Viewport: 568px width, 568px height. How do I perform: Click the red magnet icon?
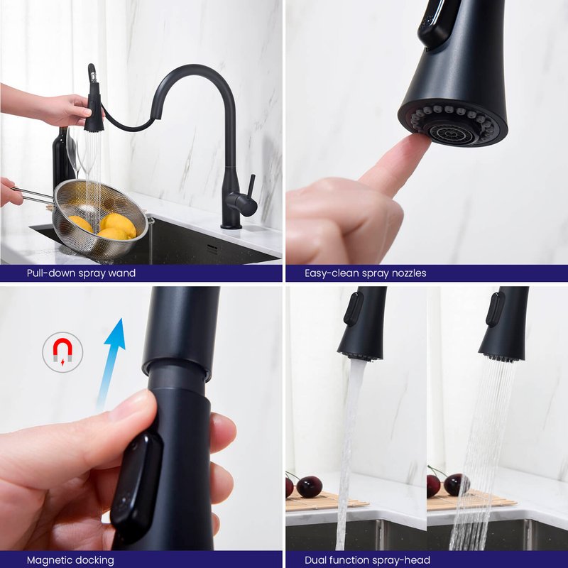(62, 351)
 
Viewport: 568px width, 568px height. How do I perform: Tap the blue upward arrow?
(111, 366)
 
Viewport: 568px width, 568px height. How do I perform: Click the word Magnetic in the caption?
(50, 560)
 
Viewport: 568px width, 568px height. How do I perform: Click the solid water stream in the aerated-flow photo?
(348, 453)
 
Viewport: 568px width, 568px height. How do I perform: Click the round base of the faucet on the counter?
(231, 226)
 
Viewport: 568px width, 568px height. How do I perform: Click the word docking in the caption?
(95, 560)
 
